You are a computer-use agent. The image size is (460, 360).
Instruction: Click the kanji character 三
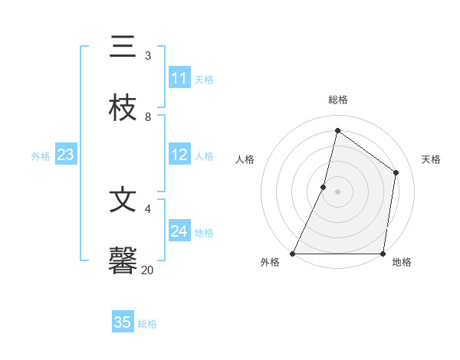(x=123, y=47)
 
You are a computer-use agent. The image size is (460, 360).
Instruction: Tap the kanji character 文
(x=123, y=200)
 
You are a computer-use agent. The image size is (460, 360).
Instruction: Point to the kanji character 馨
(x=123, y=260)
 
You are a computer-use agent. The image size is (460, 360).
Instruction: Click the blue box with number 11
(x=179, y=78)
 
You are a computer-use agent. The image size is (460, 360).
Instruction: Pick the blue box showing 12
(x=179, y=155)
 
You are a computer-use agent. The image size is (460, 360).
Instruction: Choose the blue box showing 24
(x=179, y=231)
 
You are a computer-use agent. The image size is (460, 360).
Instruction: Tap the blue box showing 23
(x=65, y=155)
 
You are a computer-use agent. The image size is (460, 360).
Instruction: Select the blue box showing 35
(x=123, y=322)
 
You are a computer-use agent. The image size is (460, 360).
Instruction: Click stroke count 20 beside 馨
(x=147, y=269)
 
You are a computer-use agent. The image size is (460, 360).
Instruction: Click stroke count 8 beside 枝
(x=147, y=116)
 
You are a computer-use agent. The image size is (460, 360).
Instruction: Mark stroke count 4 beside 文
(x=147, y=208)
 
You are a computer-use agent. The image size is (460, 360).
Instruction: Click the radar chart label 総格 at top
(x=338, y=100)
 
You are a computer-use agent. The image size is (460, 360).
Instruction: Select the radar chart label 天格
(x=431, y=159)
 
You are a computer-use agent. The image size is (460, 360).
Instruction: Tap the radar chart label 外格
(x=270, y=263)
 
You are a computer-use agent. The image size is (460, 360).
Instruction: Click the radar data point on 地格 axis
(x=383, y=254)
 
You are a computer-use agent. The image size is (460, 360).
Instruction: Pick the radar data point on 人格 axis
(x=324, y=186)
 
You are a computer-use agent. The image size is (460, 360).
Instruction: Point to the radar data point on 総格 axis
(x=337, y=130)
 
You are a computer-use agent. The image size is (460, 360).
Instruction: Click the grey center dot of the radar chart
(x=337, y=191)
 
